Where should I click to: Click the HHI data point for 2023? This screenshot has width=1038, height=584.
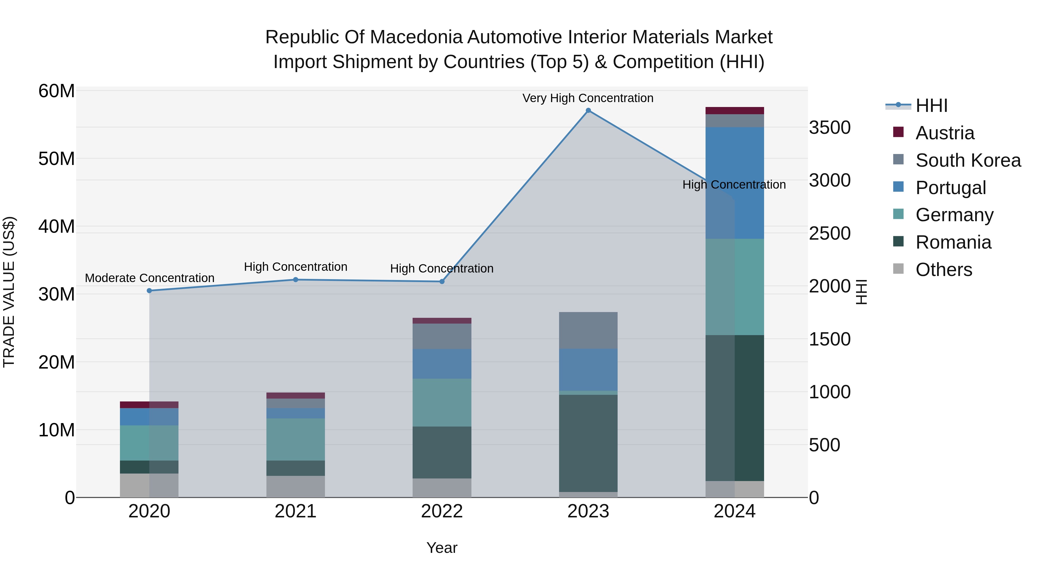click(x=588, y=110)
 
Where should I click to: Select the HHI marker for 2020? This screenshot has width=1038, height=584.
click(x=149, y=291)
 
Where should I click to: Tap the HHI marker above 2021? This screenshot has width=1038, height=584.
click(x=295, y=280)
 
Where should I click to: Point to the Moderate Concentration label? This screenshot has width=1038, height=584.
click(x=149, y=278)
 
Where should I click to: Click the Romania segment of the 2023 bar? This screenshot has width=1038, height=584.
click(x=588, y=443)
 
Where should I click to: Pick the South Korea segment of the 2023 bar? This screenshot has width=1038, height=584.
click(x=588, y=330)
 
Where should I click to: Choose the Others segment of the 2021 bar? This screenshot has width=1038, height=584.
click(x=295, y=487)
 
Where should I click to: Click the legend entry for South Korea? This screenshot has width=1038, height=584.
click(x=968, y=160)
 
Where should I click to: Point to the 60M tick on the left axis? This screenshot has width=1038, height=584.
click(x=57, y=91)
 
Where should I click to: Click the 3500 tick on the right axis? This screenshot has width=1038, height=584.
click(x=830, y=128)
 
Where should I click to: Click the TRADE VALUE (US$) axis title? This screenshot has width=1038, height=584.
click(x=9, y=292)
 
